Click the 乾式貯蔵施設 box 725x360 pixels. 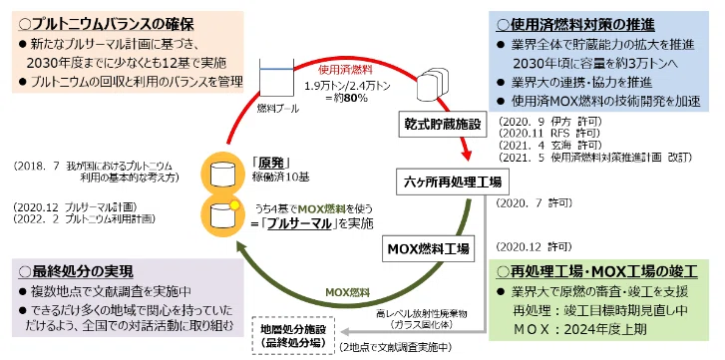point(442,125)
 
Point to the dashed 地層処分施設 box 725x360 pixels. point(292,336)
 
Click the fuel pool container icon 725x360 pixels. point(276,78)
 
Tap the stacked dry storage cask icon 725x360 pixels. point(433,84)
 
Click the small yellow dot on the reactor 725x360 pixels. point(234,205)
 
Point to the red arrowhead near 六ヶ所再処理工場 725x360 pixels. point(467,152)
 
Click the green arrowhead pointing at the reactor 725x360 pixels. point(242,248)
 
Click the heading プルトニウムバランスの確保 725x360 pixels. point(106,24)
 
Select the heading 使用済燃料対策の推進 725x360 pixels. point(575,25)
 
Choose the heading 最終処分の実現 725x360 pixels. point(76,271)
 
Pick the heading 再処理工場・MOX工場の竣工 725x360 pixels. point(596,271)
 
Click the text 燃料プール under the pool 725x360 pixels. point(278,109)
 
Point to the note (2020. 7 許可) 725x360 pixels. point(534,202)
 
